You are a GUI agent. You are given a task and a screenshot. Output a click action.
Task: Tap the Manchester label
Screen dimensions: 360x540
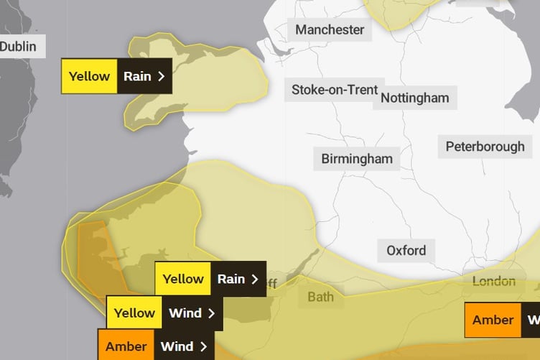(x=330, y=29)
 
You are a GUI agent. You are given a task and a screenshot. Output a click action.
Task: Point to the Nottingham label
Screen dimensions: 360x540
(x=415, y=98)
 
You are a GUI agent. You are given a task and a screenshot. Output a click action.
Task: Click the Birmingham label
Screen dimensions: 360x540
(x=357, y=159)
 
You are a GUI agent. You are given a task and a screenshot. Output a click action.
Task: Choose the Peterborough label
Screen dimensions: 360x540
(x=485, y=147)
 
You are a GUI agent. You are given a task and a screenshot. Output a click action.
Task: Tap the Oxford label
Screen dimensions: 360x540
(x=406, y=251)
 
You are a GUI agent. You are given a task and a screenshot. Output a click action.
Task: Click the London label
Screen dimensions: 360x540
(x=493, y=282)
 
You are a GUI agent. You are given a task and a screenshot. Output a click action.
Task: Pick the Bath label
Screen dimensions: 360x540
(x=320, y=297)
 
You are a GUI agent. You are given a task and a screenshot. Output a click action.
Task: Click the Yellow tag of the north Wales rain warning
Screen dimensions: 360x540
(x=89, y=76)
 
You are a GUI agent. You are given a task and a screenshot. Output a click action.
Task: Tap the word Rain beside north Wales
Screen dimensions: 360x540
(x=137, y=76)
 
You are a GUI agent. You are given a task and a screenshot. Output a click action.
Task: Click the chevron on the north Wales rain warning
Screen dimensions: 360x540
(x=161, y=76)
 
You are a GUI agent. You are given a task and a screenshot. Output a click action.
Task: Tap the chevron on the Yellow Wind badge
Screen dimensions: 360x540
(x=211, y=313)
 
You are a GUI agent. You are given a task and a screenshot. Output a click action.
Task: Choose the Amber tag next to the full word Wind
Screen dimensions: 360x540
(x=126, y=346)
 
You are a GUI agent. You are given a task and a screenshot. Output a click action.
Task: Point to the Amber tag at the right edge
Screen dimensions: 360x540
(x=493, y=320)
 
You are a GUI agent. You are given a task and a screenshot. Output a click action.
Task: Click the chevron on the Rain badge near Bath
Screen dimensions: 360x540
(x=254, y=279)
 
